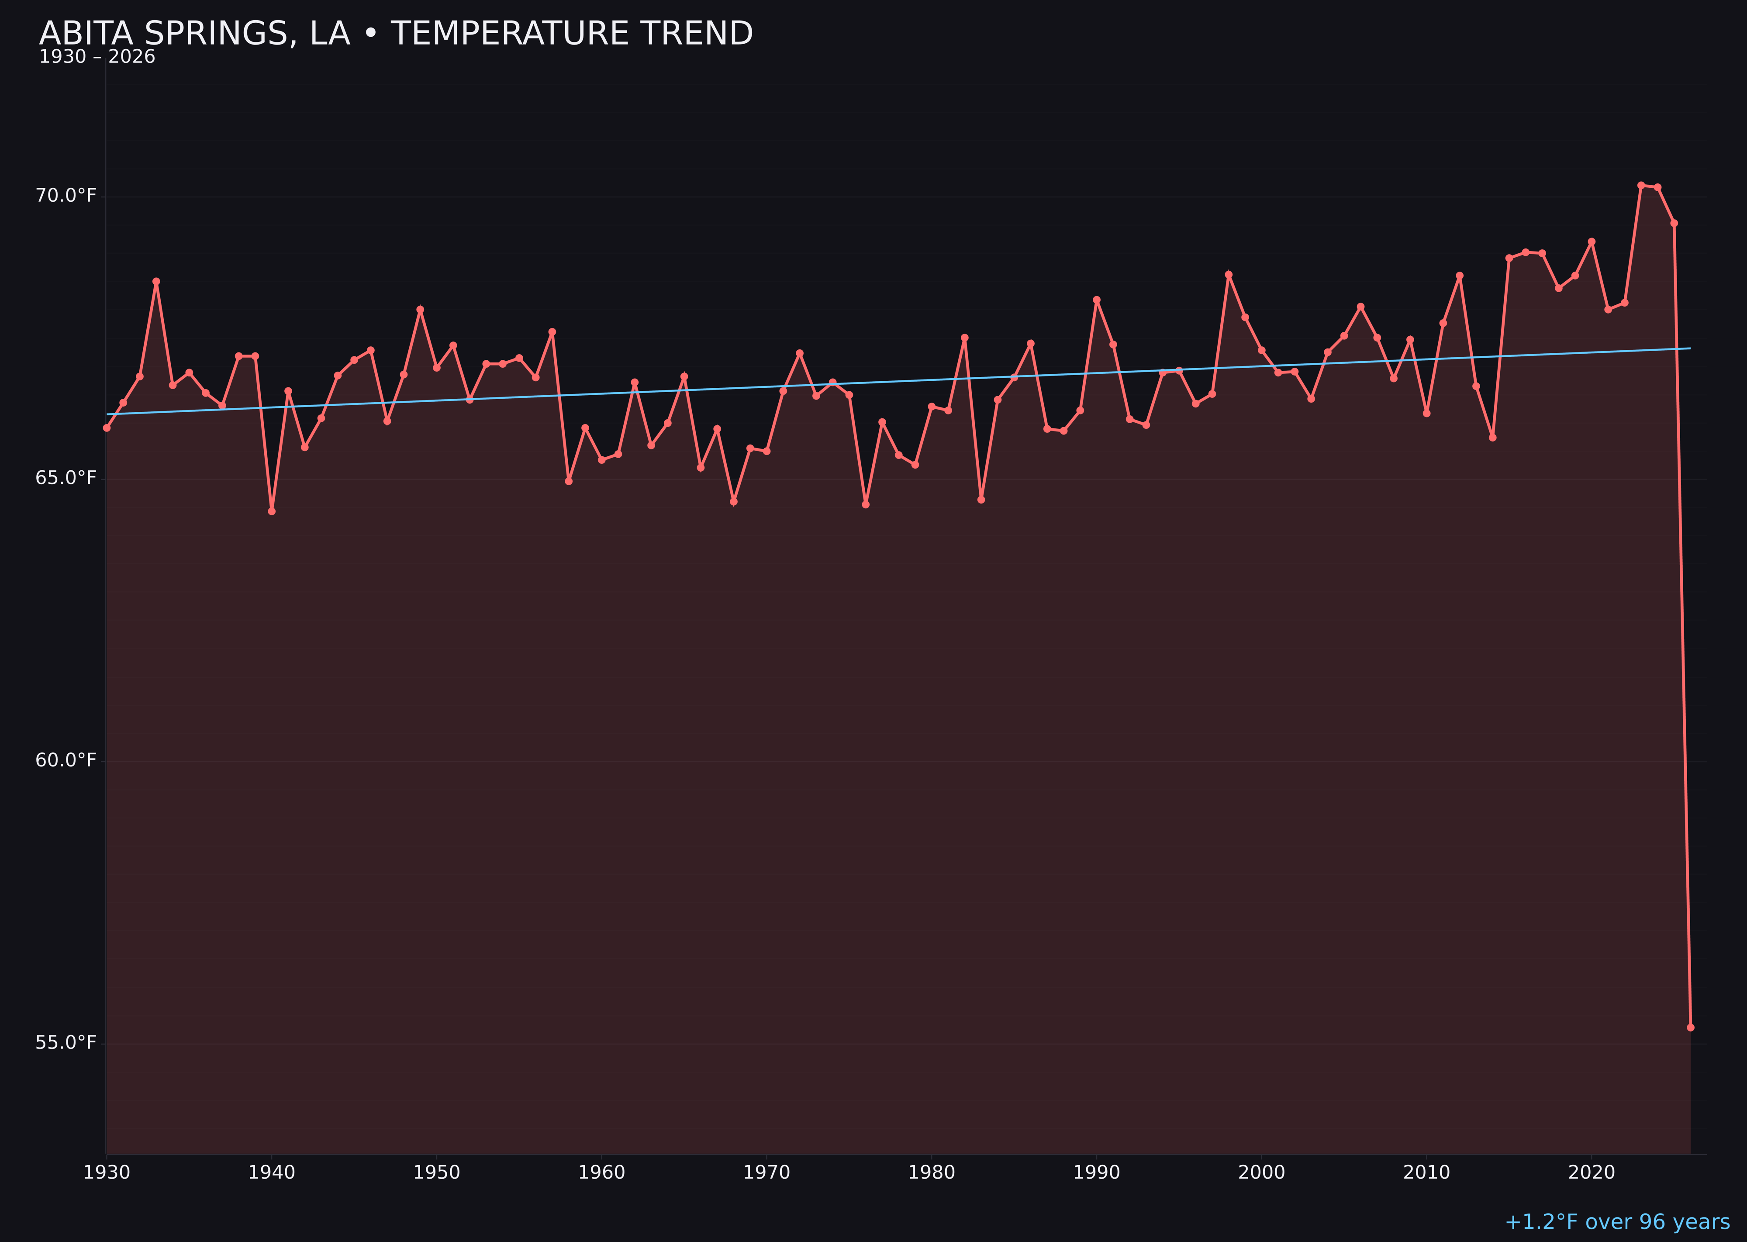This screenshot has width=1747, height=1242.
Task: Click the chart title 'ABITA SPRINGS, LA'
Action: [x=395, y=34]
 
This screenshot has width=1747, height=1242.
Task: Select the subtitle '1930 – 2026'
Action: [x=97, y=57]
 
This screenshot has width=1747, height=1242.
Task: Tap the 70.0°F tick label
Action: [x=66, y=196]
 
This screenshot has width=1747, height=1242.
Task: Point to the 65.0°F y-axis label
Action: [x=66, y=478]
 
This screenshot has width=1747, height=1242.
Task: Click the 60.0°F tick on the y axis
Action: [x=66, y=760]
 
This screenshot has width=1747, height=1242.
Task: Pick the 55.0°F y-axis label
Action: [x=66, y=1042]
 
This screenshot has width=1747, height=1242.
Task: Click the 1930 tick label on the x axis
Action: [x=106, y=1173]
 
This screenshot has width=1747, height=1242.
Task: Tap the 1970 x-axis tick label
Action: [x=766, y=1173]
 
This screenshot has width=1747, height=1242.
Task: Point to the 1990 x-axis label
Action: [x=1096, y=1173]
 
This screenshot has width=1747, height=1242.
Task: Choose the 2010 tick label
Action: [x=1426, y=1173]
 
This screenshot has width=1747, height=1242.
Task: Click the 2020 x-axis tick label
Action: [x=1591, y=1173]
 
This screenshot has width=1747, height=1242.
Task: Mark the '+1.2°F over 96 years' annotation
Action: [x=1617, y=1222]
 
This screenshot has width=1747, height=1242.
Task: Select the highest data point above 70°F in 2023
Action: [x=1641, y=185]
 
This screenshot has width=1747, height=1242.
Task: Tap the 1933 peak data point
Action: [x=156, y=281]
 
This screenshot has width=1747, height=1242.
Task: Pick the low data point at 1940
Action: [x=272, y=511]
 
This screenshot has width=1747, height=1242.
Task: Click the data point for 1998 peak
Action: [x=1229, y=275]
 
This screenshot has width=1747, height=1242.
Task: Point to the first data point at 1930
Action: [x=106, y=428]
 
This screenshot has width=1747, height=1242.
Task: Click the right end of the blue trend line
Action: [x=1690, y=349]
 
